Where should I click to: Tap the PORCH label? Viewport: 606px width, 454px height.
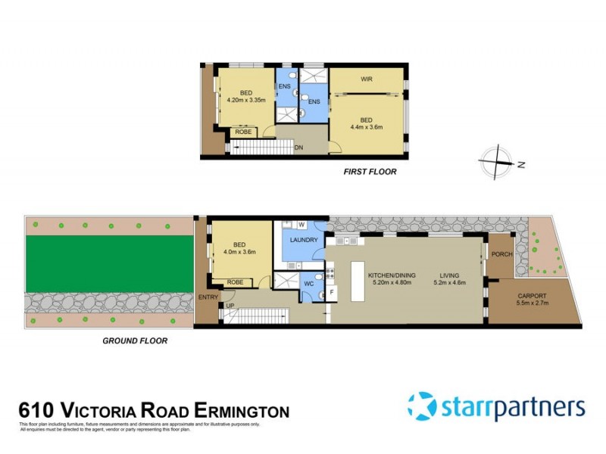click(501, 254)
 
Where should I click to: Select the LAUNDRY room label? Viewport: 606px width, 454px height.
click(303, 241)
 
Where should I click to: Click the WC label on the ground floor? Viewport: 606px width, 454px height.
click(309, 284)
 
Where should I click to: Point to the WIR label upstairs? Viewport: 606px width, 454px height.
click(367, 79)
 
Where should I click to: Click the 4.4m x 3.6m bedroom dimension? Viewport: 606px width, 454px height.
click(366, 127)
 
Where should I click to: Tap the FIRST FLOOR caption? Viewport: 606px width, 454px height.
click(370, 172)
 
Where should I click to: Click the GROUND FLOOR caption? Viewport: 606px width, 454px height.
click(135, 340)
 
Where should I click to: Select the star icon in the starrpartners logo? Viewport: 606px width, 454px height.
click(422, 406)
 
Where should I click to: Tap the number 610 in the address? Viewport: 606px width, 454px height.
click(35, 412)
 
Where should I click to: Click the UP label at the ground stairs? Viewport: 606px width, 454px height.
click(230, 306)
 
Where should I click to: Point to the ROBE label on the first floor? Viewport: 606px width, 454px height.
click(243, 132)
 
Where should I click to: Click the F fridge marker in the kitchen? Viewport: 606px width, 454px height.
click(331, 291)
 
